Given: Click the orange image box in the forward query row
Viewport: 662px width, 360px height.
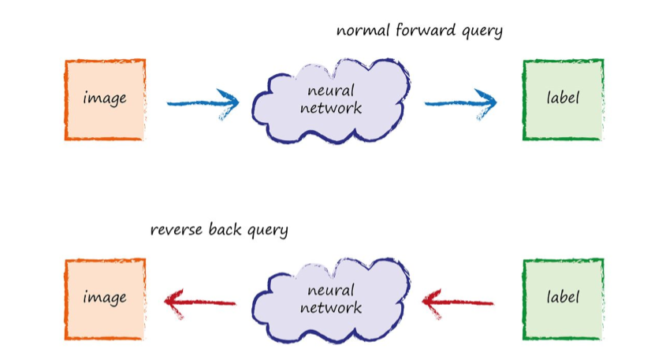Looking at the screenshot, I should pyautogui.click(x=105, y=99).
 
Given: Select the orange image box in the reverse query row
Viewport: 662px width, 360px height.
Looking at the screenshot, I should pyautogui.click(x=105, y=299).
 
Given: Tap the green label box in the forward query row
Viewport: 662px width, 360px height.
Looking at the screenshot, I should pyautogui.click(x=563, y=99).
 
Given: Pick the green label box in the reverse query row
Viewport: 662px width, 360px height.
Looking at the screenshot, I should pyautogui.click(x=563, y=299).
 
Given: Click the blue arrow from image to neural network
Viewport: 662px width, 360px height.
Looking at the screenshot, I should pyautogui.click(x=203, y=102).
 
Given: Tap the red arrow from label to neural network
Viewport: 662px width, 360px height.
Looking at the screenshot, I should pyautogui.click(x=458, y=301).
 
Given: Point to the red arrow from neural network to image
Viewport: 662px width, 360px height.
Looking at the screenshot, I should pyautogui.click(x=200, y=300).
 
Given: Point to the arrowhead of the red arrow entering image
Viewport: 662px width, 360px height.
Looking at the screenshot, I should pyautogui.click(x=172, y=300).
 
